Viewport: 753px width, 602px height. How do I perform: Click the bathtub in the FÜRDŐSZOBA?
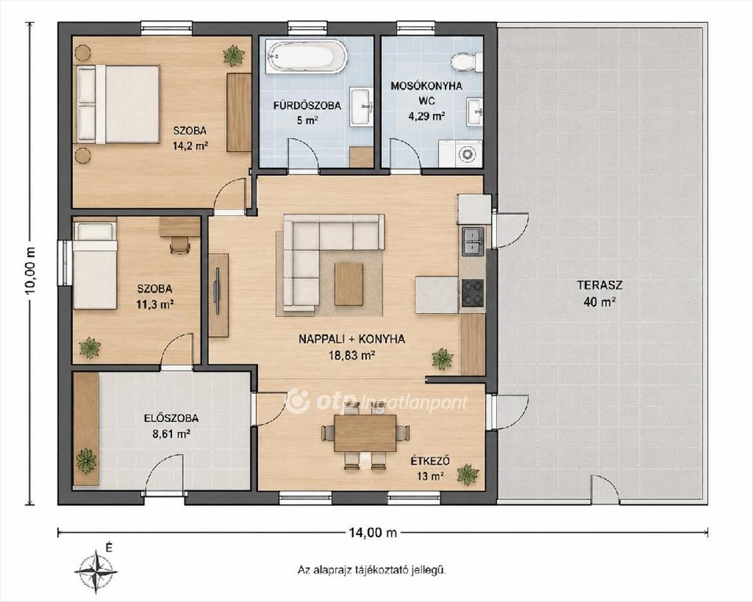coord(306,56)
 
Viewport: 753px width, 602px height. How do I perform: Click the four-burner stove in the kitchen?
coord(473,293)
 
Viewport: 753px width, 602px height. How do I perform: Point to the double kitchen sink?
coord(473,241)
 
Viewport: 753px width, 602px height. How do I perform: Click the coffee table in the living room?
coord(348,284)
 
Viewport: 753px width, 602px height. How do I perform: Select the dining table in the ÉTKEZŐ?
coord(365,433)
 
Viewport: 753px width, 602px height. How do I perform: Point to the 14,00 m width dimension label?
coord(373,533)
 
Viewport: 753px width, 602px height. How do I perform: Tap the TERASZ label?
coord(600,285)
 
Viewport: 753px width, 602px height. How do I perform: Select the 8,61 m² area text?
coord(171,434)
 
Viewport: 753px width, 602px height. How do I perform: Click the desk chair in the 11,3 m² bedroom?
coord(180,244)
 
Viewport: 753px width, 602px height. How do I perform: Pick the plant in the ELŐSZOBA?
coord(86,461)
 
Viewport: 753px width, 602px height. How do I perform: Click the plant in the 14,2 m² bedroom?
coord(233,56)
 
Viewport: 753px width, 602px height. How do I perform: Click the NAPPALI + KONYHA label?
coord(351,339)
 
